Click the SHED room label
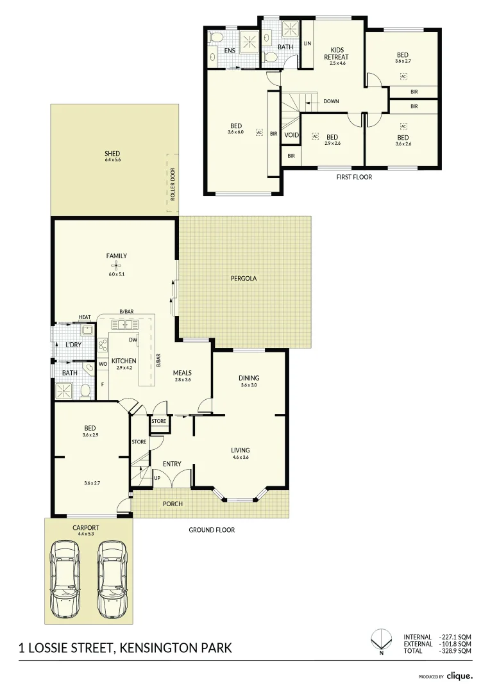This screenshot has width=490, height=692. pos(113,153)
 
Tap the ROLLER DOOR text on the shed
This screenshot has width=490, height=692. pos(173,185)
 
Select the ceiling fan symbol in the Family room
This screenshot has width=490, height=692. pos(116,265)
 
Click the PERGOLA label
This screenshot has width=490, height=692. pos(243,279)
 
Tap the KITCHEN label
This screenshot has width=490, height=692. pos(124,361)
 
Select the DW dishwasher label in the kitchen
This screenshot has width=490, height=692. pos(132,340)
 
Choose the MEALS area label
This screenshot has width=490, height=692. pos(183,372)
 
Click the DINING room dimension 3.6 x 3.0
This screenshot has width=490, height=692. pos(249,385)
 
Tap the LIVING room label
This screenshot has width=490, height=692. pos(241,450)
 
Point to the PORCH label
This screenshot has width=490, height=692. pos(172,504)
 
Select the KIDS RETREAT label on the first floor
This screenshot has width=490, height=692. pos(337,53)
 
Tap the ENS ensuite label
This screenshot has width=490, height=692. pos(229,51)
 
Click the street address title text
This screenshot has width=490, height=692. pos(125,649)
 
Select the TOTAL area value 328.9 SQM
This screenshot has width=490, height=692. pos(456,650)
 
